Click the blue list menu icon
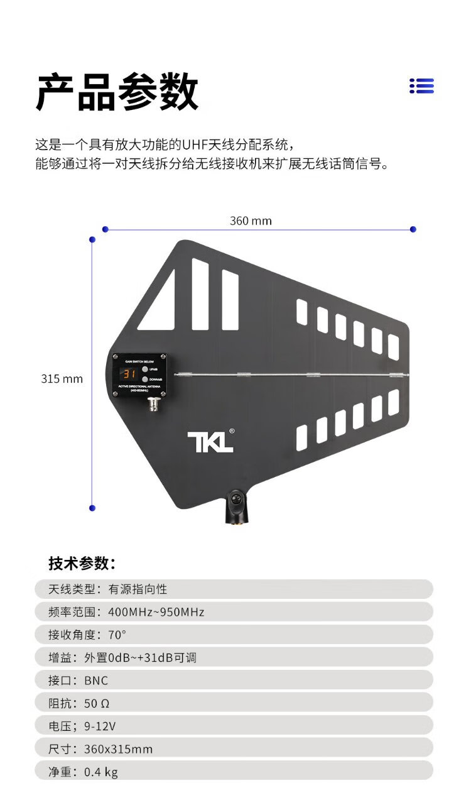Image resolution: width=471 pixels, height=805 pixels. coord(421,86)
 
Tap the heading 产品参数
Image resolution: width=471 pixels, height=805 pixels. coord(117,92)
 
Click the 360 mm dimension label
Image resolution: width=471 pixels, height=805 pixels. coord(251,221)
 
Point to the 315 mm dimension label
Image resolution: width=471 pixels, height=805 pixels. coord(62,379)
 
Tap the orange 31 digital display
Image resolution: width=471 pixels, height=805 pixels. coord(129,373)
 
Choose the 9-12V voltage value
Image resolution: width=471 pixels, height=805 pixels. coord(100,726)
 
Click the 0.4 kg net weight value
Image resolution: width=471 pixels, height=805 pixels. coord(101,771)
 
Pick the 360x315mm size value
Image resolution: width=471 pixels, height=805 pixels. coord(118,748)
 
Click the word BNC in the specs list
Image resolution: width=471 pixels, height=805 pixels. coord(96,681)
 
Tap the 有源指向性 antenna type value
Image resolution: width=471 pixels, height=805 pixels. coord(138,589)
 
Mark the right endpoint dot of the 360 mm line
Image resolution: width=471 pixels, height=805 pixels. coord(413,229)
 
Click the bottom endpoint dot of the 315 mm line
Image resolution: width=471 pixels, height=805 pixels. coord(92,508)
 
